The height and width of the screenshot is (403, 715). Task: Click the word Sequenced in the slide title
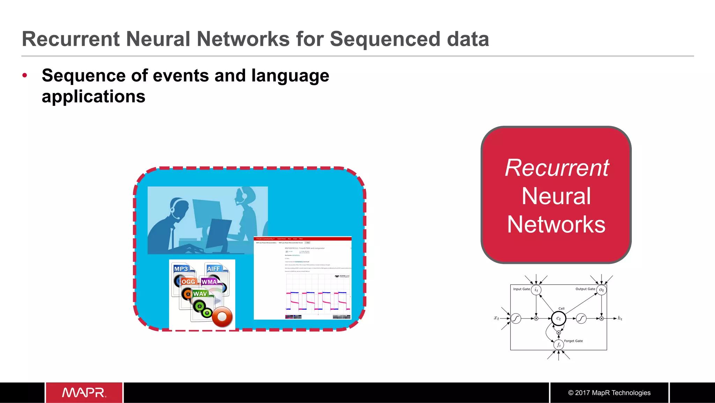385,39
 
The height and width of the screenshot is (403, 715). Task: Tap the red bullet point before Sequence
24,75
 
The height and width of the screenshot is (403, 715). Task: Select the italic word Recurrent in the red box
556,168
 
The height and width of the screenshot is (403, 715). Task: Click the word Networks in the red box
556,224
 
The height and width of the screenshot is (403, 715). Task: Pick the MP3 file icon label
181,269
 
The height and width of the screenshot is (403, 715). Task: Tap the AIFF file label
213,269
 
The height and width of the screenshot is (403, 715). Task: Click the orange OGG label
188,282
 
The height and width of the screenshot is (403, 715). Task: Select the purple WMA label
209,282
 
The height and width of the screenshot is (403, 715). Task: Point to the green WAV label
200,294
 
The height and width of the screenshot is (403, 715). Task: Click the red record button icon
222,317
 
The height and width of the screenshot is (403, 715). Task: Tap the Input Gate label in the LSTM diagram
521,289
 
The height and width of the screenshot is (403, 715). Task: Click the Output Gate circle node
601,290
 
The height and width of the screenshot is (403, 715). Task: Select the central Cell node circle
559,318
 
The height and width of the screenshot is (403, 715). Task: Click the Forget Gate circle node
559,345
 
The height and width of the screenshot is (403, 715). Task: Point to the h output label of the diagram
620,318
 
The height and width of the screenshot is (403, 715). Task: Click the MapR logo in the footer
84,393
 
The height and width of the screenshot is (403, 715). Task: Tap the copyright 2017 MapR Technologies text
609,393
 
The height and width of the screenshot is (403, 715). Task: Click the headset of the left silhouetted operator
173,209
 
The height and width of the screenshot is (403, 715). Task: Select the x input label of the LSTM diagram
496,318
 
